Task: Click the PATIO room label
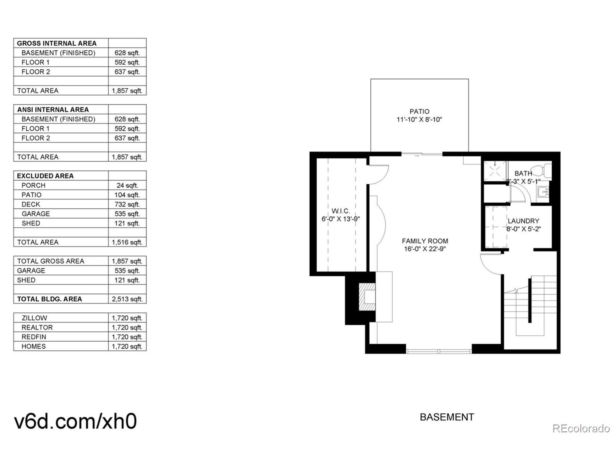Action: pyautogui.click(x=419, y=111)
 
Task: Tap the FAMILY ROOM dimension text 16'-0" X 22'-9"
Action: pyautogui.click(x=425, y=249)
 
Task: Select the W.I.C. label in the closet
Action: pyautogui.click(x=341, y=211)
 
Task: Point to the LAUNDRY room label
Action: pyautogui.click(x=523, y=221)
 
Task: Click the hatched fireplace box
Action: pyautogui.click(x=367, y=297)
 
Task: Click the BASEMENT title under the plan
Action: pyautogui.click(x=447, y=417)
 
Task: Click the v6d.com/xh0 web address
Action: pyautogui.click(x=76, y=421)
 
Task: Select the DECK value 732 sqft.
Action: pyautogui.click(x=127, y=204)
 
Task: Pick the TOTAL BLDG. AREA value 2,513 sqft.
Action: pyautogui.click(x=127, y=299)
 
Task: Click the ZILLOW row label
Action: pyautogui.click(x=35, y=318)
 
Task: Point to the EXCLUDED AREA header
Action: pyautogui.click(x=45, y=176)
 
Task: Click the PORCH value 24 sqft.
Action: pyautogui.click(x=127, y=185)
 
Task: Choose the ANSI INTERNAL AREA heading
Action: pyautogui.click(x=53, y=109)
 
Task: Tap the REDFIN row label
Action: pyautogui.click(x=34, y=337)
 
